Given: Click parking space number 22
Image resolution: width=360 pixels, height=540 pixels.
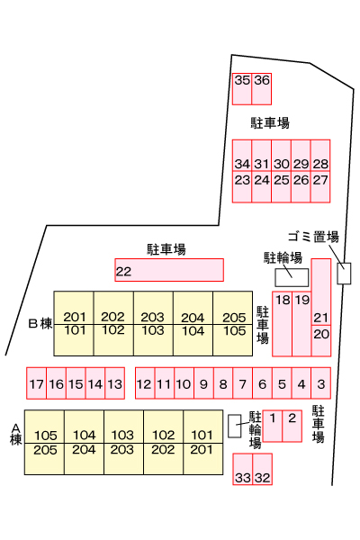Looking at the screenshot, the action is [169, 270].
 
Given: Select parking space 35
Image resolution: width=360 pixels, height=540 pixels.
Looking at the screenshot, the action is [242, 89].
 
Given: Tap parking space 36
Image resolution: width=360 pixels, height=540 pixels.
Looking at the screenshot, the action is [262, 89].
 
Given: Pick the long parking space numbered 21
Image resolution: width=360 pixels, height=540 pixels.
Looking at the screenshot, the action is [321, 292].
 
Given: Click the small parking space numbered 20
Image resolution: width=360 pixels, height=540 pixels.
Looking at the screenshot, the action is [321, 340].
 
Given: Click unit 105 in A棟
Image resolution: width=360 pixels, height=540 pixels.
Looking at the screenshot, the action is [44, 427].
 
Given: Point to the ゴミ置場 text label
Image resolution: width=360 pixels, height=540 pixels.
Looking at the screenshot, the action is [313, 237].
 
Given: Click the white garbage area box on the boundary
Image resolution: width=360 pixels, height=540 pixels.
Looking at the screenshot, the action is [344, 274].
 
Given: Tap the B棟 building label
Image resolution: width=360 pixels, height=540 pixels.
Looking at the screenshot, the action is [40, 324].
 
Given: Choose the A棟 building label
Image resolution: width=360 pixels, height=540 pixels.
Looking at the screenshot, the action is [16, 435].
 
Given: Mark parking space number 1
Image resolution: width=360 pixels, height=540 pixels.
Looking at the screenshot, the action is [273, 426].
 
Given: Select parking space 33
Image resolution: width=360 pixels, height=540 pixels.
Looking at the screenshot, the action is [242, 469].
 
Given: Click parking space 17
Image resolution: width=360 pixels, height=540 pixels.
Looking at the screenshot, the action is [36, 383].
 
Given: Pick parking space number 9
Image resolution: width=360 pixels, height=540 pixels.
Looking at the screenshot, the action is [203, 383].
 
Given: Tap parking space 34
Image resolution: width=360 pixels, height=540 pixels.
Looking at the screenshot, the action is [242, 156].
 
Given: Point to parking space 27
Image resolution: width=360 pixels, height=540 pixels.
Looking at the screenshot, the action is [320, 186].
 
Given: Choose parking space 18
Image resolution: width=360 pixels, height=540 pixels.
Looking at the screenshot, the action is [282, 324].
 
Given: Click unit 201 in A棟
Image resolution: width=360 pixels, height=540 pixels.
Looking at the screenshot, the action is [202, 459].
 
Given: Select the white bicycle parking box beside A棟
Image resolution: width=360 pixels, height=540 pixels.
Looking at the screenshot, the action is [235, 426].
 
